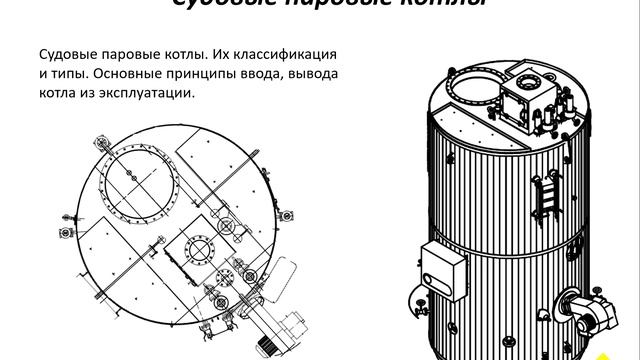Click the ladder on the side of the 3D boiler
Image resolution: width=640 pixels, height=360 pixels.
547,196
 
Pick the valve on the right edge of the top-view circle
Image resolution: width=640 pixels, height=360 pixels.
286,215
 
